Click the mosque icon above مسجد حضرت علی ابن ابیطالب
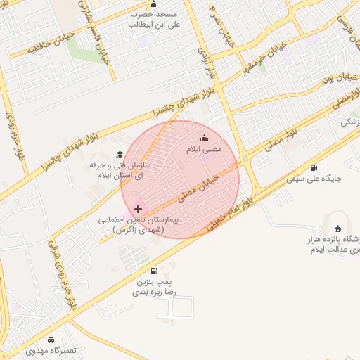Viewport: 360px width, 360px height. point(154,5)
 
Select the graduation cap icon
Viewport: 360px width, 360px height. point(119,155)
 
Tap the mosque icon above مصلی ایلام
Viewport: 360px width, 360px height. point(205,139)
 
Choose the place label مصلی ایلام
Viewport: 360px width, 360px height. point(204,150)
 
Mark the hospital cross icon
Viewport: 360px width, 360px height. point(138,209)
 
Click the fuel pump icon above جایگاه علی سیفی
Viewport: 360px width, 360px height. point(313,167)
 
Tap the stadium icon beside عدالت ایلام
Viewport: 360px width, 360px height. point(338,228)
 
